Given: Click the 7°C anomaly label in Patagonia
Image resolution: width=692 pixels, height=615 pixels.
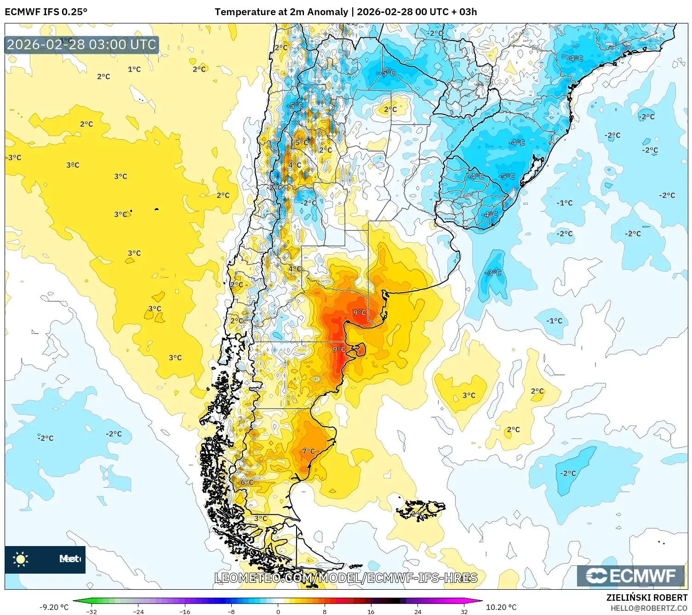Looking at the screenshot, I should (x=309, y=451).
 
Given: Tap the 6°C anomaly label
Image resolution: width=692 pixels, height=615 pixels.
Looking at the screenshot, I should (x=247, y=482).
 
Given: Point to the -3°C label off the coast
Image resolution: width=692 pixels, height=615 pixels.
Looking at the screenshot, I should (x=493, y=273).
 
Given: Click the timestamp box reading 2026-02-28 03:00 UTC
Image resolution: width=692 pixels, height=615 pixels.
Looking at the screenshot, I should (x=81, y=45).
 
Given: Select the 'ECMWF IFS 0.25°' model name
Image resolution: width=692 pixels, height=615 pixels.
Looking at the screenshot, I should (x=46, y=11).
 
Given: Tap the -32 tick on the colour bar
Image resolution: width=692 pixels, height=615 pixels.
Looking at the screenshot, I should (x=92, y=611).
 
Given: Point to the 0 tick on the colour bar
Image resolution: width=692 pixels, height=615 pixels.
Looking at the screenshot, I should (x=278, y=611).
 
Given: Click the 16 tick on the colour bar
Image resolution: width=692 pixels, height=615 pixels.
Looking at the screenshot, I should (x=371, y=611).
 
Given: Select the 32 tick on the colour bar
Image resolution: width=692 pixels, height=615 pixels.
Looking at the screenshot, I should (x=464, y=611).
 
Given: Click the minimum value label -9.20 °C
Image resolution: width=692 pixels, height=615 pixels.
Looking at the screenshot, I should (x=54, y=607).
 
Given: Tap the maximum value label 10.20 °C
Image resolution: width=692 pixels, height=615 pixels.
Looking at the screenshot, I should (x=501, y=607).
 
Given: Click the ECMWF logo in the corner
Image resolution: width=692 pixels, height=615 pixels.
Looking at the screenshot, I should (x=631, y=575).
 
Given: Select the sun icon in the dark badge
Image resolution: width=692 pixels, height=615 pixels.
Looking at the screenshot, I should (x=21, y=559).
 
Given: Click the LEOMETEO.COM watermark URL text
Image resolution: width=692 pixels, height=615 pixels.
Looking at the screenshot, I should (x=346, y=578).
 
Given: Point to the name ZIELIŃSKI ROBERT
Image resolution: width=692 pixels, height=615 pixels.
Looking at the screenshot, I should (x=646, y=598).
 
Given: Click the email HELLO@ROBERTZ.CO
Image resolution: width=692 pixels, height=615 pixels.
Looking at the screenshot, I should (x=648, y=608).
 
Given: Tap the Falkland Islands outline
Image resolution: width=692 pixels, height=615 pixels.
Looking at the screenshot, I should (x=422, y=509).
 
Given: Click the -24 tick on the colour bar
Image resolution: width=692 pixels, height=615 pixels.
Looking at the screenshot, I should (x=138, y=611).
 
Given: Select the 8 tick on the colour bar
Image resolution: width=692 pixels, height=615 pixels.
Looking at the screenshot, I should (x=325, y=611).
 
